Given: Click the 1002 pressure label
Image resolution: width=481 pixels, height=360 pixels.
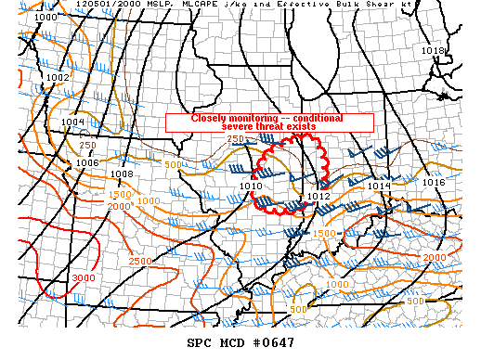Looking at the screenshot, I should coord(58,77).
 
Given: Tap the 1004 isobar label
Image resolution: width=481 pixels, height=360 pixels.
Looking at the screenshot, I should coord(73,122).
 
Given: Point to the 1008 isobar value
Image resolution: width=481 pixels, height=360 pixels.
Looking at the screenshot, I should coord(122,174).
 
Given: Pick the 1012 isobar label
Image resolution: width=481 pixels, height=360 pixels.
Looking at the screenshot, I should coord(318,196).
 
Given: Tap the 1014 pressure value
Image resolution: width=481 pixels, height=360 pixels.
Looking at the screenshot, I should coord(378,186).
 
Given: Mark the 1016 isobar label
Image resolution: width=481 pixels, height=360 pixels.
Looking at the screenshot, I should coord(434,183).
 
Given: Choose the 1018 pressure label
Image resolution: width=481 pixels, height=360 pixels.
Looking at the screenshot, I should coord(433,50).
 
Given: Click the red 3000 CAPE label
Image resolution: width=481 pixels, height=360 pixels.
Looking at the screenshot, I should coord(83,277).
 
